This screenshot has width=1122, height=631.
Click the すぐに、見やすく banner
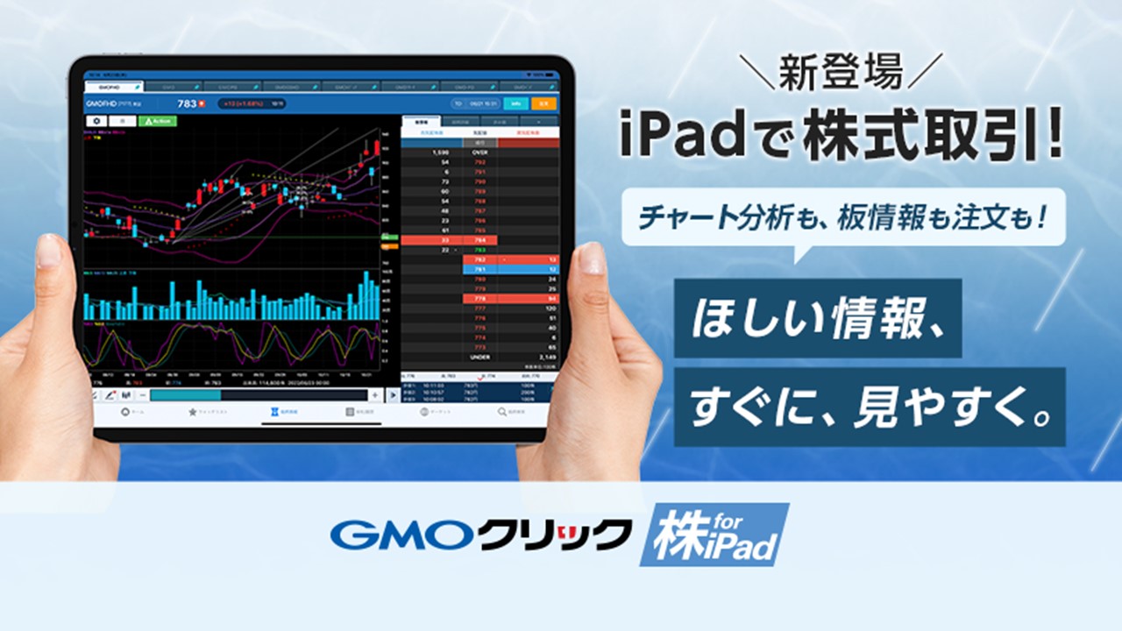870,407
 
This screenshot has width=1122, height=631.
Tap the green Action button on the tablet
158,121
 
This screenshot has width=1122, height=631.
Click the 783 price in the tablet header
187,103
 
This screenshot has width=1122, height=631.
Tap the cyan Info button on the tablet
515,103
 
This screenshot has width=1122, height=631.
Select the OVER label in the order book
479,152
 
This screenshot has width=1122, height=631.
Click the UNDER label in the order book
479,357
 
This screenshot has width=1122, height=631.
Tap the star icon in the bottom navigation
192,411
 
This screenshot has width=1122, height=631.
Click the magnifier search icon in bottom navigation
502,411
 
